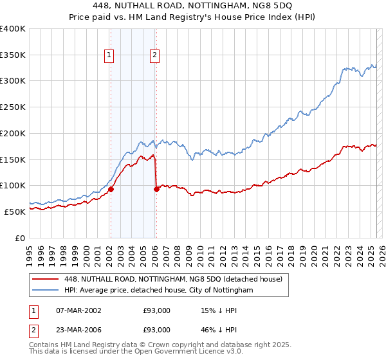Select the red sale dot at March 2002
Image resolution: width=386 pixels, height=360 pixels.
(x=111, y=189)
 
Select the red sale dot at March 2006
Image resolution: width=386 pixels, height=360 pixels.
(x=156, y=189)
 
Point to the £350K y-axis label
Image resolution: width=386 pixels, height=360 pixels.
(x=13, y=55)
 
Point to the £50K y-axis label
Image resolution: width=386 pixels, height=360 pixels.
(x=15, y=212)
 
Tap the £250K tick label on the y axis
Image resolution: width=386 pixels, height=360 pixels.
(x=13, y=107)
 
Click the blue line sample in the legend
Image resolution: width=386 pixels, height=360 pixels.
(x=46, y=290)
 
